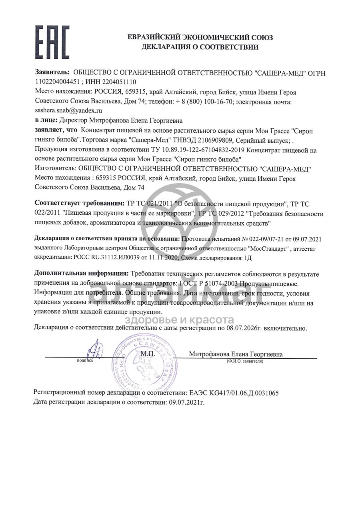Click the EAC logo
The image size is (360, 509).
(52, 42)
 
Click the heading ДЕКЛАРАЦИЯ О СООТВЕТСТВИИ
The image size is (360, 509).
(200, 47)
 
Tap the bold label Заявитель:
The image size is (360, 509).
(52, 73)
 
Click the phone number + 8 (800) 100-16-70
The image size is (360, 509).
(204, 101)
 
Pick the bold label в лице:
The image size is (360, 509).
(46, 120)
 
